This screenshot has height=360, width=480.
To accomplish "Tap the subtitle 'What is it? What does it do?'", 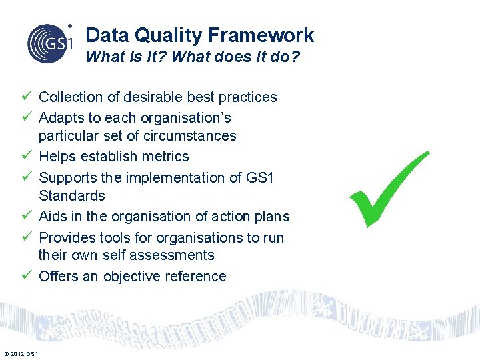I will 193,57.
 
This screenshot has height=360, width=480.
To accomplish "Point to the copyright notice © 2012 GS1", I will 21,353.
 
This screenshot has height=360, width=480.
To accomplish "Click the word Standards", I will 71,196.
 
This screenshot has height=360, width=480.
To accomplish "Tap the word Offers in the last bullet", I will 59,277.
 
